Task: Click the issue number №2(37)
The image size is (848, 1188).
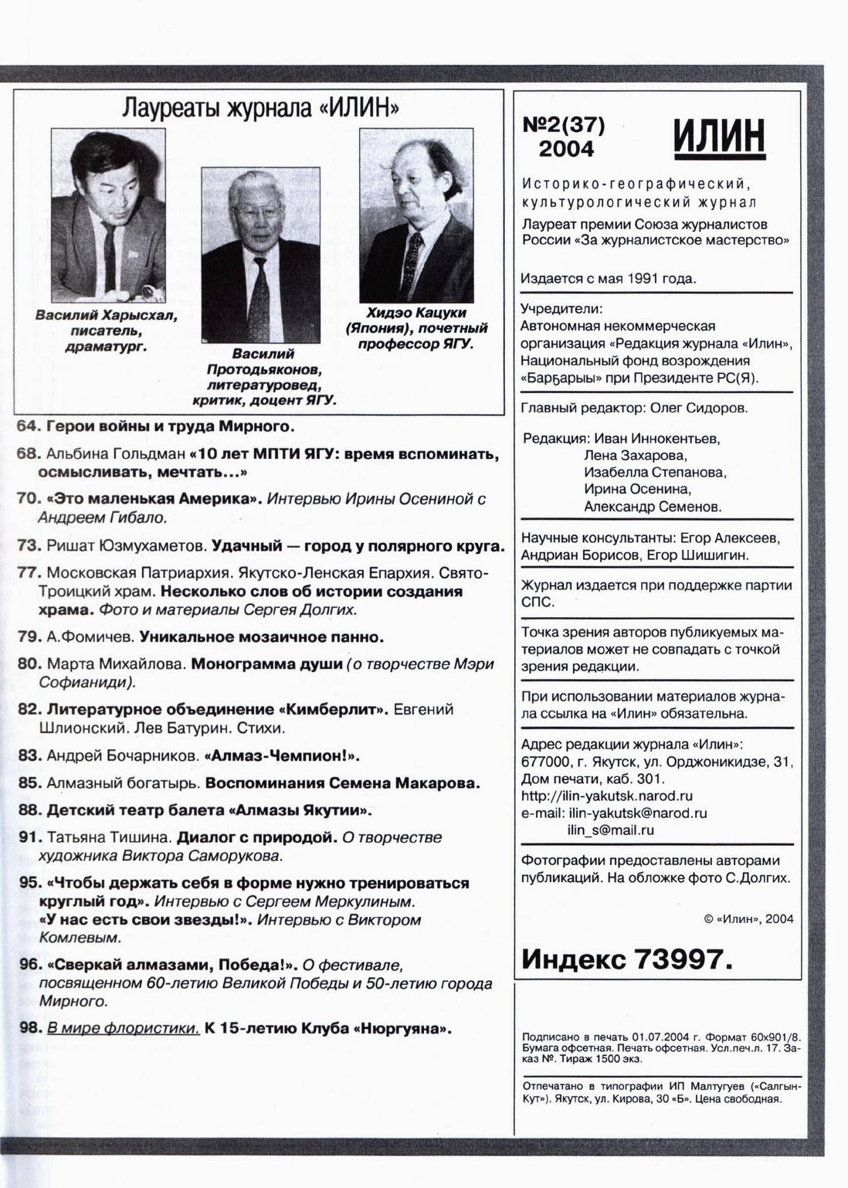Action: [x=564, y=124]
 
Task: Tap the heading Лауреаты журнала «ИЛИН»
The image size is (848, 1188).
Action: [x=260, y=108]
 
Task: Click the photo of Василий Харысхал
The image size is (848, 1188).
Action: [x=108, y=215]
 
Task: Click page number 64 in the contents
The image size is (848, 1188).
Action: [x=28, y=426]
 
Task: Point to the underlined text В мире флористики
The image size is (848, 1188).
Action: [x=123, y=1028]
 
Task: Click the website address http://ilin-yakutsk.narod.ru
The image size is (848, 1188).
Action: [x=606, y=796]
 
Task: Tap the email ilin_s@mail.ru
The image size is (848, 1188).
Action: [x=610, y=830]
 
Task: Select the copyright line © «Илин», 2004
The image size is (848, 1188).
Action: [x=748, y=918]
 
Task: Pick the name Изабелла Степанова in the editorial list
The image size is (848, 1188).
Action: [x=655, y=472]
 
